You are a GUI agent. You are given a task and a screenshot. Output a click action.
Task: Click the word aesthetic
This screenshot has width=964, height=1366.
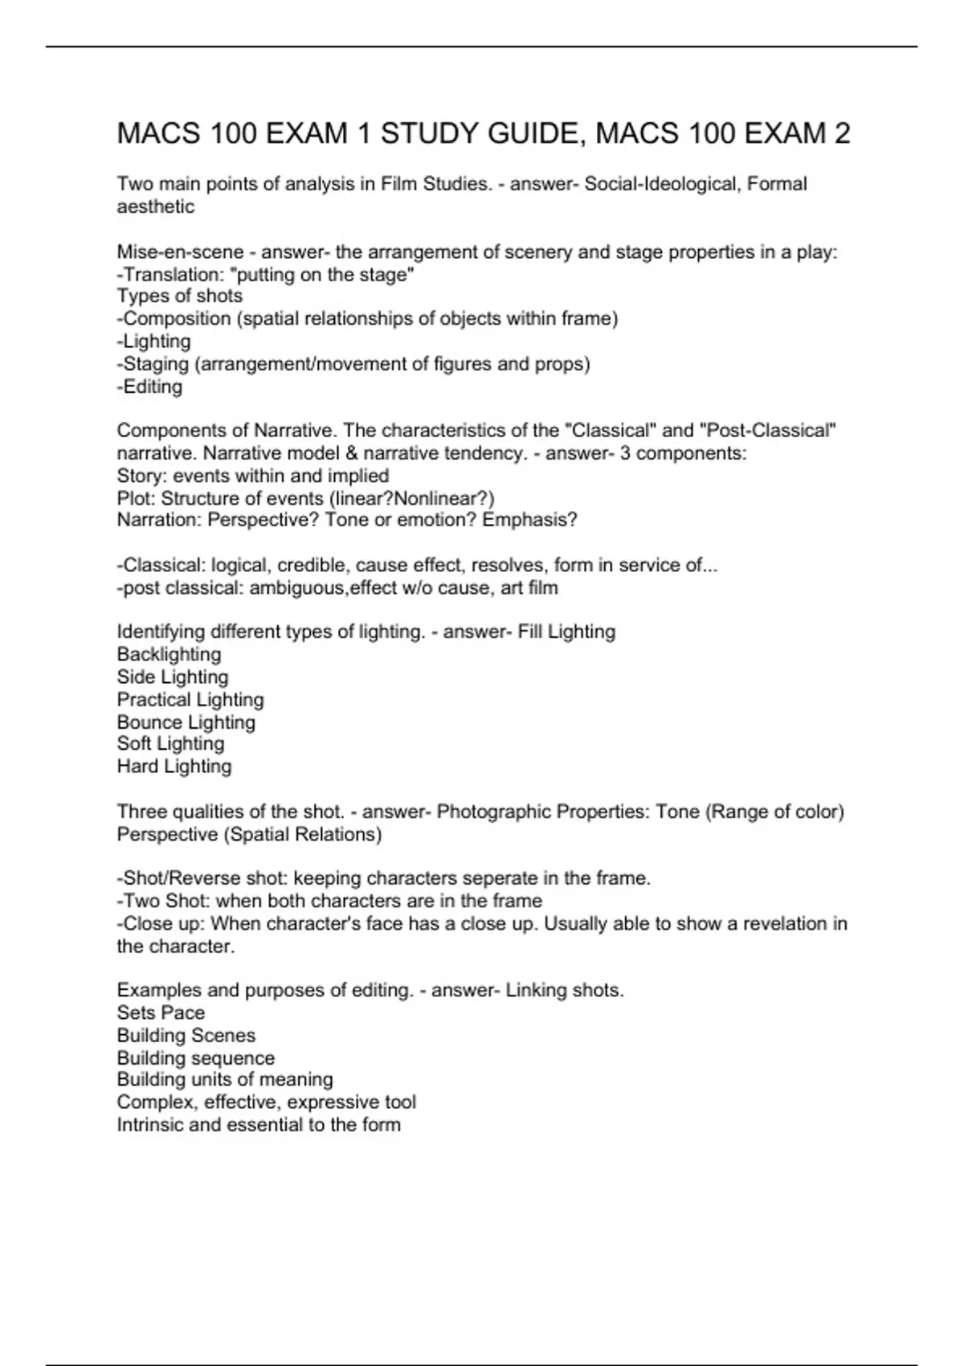(156, 207)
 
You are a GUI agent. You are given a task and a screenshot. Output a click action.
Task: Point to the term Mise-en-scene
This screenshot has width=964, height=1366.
(180, 252)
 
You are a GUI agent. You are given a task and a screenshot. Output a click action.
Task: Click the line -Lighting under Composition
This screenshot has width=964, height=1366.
(154, 341)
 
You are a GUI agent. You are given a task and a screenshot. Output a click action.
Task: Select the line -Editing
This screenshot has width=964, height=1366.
(149, 386)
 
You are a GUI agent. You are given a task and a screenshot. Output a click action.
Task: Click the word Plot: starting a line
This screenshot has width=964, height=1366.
(136, 498)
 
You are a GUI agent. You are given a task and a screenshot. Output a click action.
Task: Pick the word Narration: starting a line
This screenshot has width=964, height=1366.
(159, 520)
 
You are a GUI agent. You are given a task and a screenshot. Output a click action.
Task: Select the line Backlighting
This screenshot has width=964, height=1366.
(169, 655)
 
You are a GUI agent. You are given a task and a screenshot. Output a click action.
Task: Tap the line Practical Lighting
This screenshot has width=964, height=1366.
(190, 700)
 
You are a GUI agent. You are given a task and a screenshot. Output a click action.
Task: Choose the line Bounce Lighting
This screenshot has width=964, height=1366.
(186, 722)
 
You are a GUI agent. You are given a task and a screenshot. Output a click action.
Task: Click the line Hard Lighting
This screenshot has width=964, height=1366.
(174, 767)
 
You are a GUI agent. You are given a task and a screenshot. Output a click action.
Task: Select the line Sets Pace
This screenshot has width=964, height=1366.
(161, 1013)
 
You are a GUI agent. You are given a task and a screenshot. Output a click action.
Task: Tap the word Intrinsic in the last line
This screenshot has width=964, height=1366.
(149, 1125)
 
